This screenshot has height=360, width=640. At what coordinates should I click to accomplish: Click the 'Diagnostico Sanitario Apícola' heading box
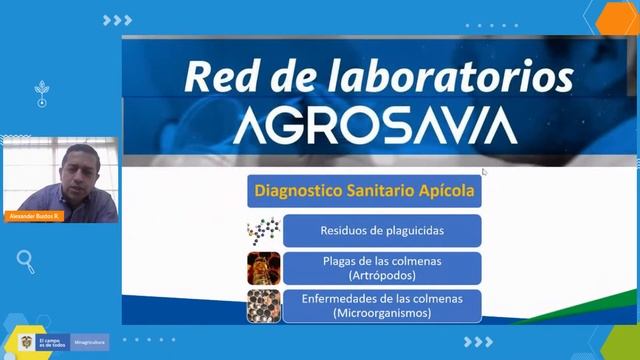[x=364, y=189]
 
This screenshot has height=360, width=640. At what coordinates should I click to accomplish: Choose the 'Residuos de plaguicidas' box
[x=381, y=231]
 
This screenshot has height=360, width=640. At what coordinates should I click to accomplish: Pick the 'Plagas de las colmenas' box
[x=381, y=268]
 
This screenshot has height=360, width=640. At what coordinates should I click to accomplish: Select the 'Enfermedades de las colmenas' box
[x=381, y=305]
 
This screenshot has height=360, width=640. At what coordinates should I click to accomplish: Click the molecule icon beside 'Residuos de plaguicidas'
[x=263, y=231]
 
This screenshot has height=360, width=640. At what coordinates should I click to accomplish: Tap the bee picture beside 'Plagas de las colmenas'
[x=264, y=268]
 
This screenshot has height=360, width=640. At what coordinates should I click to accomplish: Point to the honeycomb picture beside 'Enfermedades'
[x=264, y=306]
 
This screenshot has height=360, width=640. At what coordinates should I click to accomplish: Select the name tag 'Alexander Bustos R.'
[x=35, y=216]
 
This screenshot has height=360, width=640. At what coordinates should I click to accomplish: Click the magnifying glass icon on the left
[x=26, y=261]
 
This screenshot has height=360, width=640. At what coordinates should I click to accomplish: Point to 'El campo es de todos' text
[x=54, y=342]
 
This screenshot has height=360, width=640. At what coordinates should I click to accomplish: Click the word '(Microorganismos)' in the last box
[x=381, y=313]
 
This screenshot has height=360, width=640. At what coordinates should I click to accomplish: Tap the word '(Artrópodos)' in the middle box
[x=381, y=275]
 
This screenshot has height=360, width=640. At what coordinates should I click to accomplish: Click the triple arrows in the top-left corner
[x=117, y=20]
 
